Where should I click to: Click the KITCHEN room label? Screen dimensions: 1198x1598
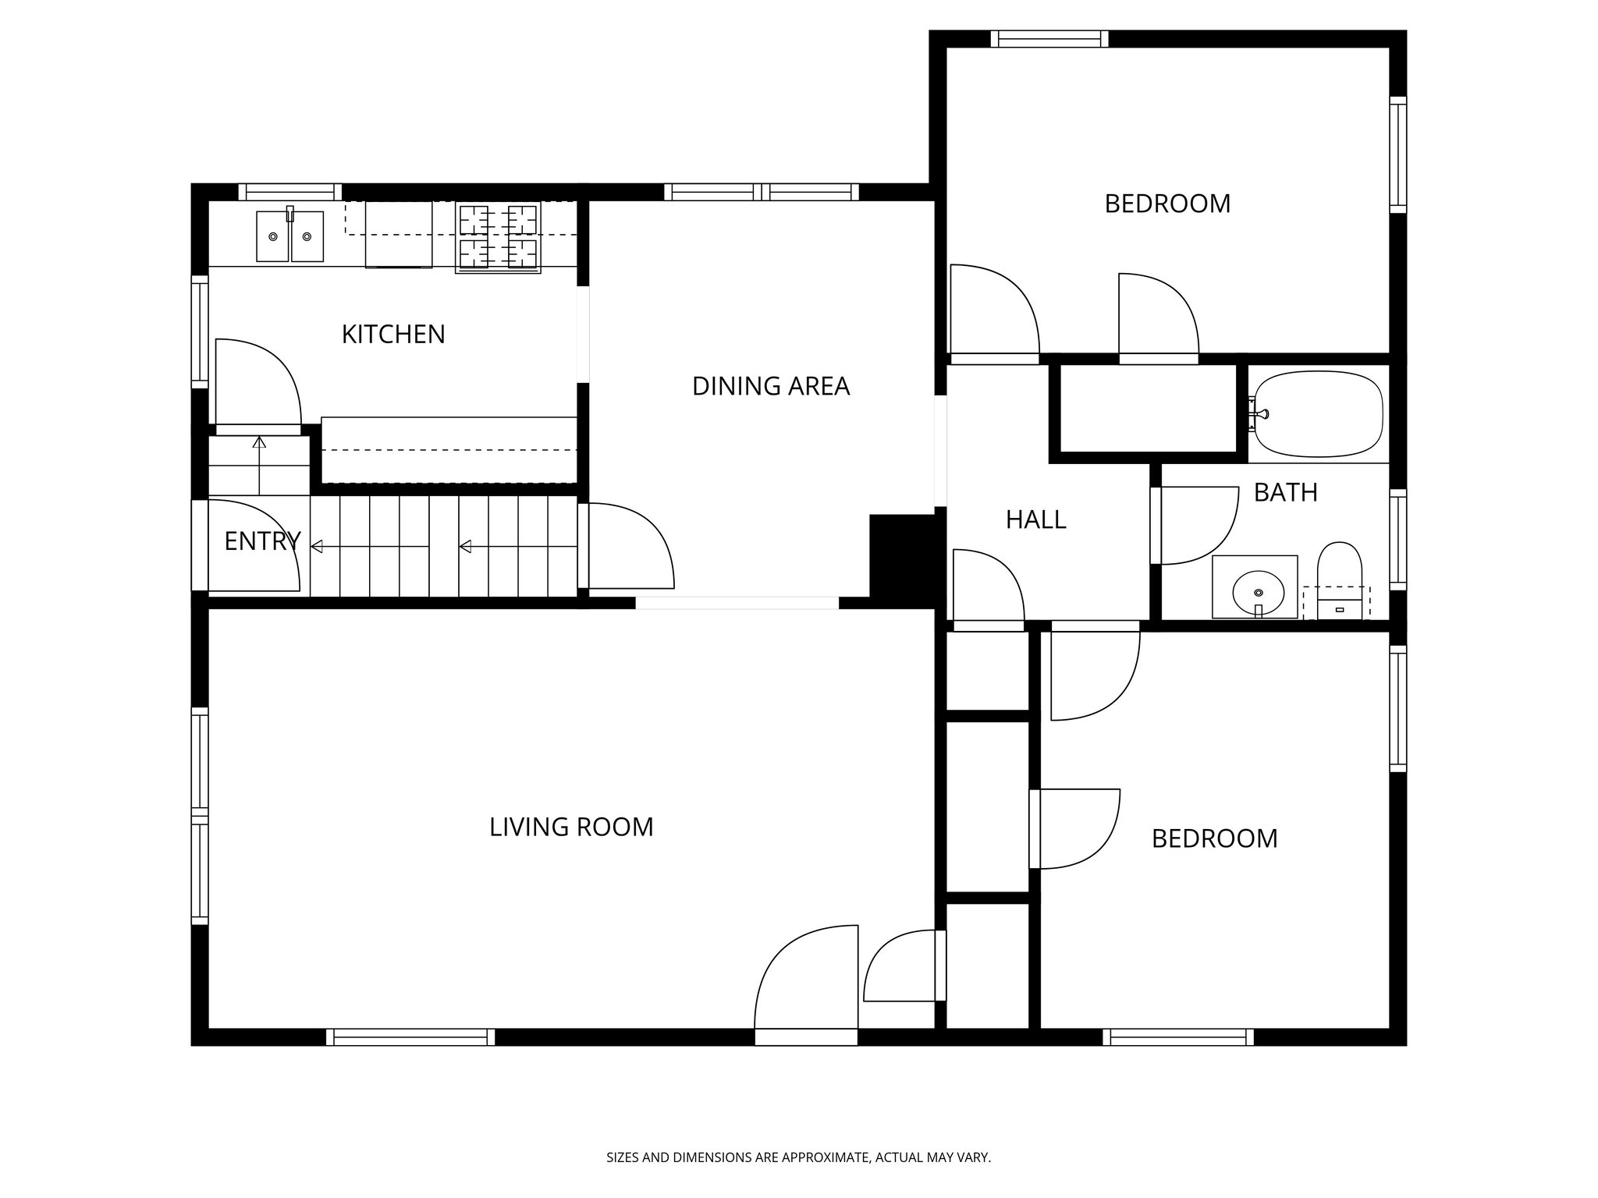[x=393, y=335]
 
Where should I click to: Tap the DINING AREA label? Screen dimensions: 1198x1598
[x=770, y=386]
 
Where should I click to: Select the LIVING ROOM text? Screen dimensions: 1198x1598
[x=571, y=827]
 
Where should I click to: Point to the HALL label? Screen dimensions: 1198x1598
[x=1035, y=519]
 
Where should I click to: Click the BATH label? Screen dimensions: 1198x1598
[x=1285, y=492]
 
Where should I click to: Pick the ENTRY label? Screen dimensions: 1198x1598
[x=262, y=541]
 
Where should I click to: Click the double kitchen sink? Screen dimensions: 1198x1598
[x=290, y=236]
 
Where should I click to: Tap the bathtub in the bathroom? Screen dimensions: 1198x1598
[x=1318, y=413]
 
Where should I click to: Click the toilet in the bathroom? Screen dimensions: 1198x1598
[x=1339, y=581]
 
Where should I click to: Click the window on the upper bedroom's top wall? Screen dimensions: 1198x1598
[x=1049, y=39]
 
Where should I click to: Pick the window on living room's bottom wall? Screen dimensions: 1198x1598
[x=410, y=1037]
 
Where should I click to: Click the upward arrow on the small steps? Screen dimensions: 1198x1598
[x=259, y=443]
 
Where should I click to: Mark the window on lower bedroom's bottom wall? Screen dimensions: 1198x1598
[x=1178, y=1037]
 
